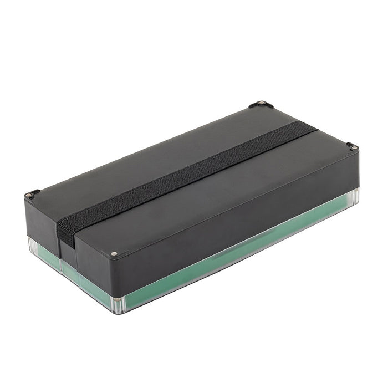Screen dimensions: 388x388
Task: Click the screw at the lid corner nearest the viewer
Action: click(x=114, y=254)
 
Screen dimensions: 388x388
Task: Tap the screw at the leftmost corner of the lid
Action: click(x=30, y=195)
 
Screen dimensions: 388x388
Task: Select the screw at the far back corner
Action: click(x=260, y=104)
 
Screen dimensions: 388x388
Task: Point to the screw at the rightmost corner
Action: click(x=351, y=146)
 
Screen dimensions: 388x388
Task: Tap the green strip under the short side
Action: click(x=89, y=280)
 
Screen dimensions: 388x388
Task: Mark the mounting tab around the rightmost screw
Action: click(x=353, y=147)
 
